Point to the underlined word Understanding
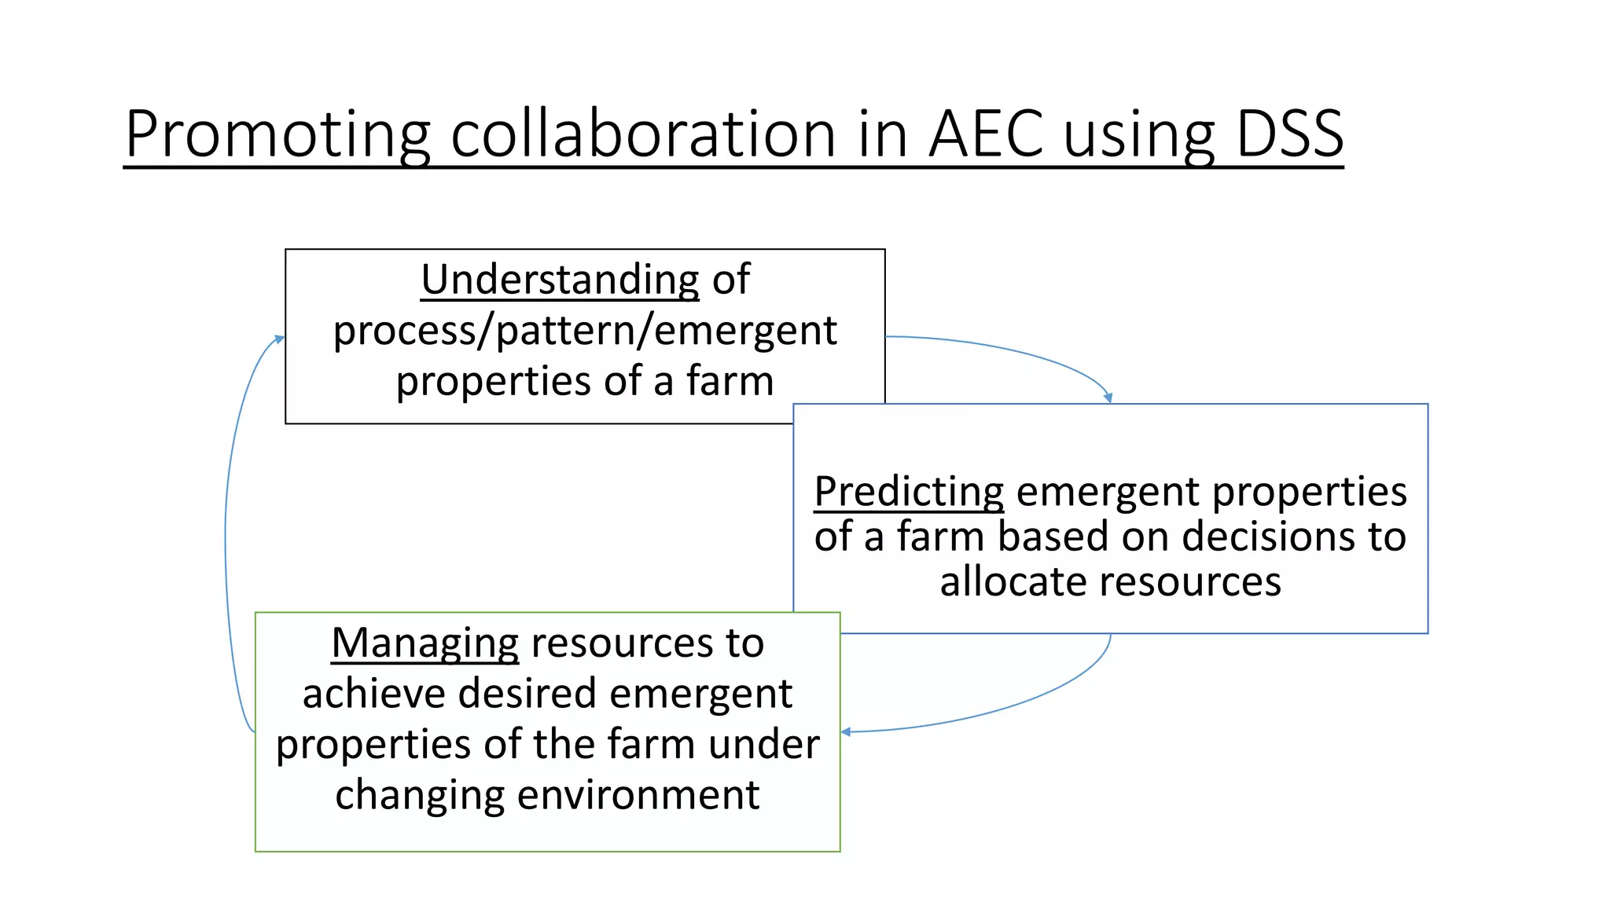click(560, 280)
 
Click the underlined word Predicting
click(909, 493)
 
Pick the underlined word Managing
click(425, 643)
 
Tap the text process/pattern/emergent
click(585, 330)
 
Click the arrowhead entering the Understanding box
click(279, 339)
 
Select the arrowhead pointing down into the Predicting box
click(1108, 398)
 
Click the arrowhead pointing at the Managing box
click(846, 732)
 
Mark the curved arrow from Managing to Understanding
click(226, 534)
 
